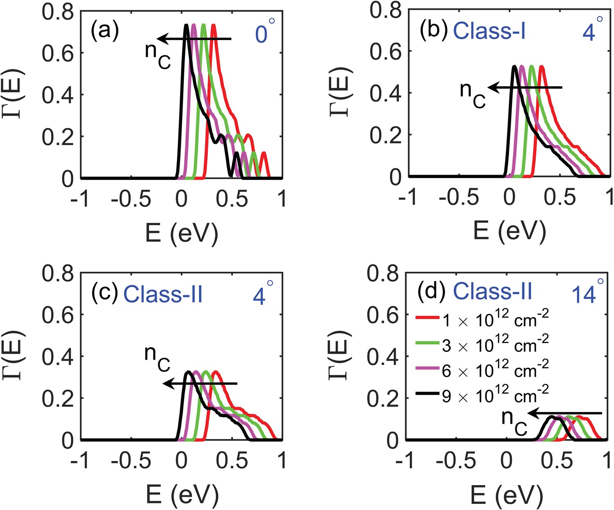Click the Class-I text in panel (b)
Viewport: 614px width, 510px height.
[x=489, y=31]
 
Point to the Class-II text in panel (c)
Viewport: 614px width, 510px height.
[x=163, y=294]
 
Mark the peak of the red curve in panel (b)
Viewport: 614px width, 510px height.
[x=542, y=67]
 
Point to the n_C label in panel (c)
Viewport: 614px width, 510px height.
[x=157, y=358]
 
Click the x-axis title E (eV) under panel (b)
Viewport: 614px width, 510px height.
[x=509, y=231]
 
